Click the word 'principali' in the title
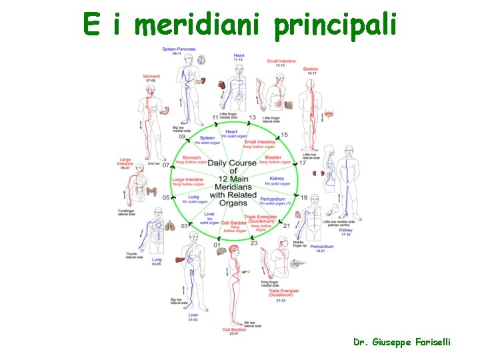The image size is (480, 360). [335, 25]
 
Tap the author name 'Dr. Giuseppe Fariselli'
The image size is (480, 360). [402, 341]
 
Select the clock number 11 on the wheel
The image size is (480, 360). [216, 117]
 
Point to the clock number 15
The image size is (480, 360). [284, 135]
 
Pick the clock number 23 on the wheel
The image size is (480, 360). [253, 243]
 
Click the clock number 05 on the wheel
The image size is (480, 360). [166, 197]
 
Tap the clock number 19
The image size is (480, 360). [304, 197]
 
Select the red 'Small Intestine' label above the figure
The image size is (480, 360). [281, 61]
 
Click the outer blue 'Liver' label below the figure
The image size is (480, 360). [193, 315]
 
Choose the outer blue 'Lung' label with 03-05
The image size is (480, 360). [157, 259]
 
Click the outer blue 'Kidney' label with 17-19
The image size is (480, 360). [345, 230]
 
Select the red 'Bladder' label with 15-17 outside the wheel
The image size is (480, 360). [311, 69]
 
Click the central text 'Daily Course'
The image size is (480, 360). [232, 163]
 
